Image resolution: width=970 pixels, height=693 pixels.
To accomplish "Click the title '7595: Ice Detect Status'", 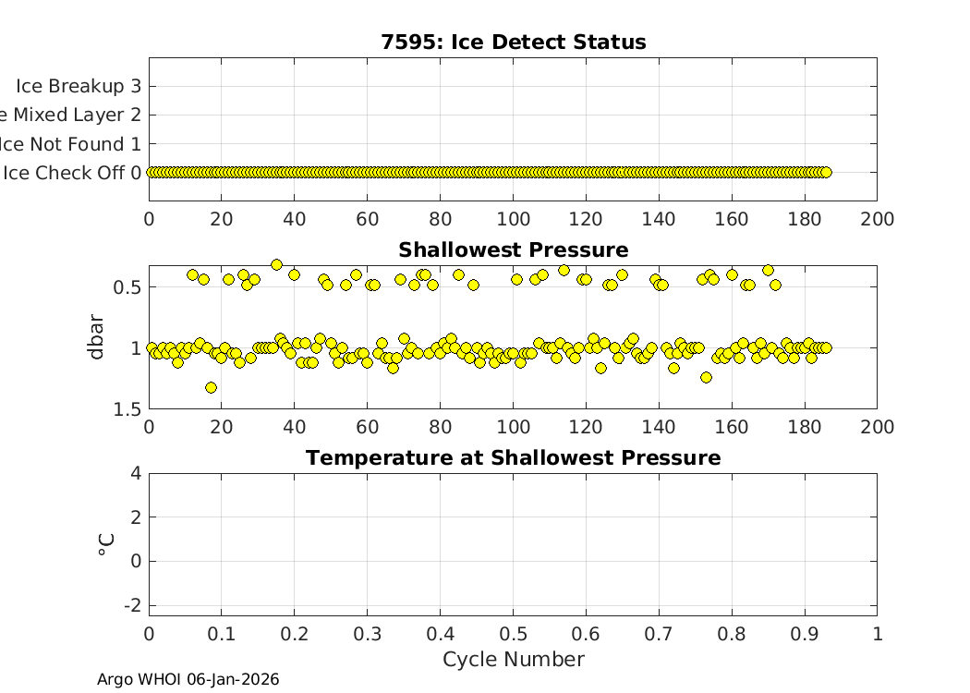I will pos(513,43).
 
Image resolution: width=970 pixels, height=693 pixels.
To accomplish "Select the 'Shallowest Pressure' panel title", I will pos(513,250).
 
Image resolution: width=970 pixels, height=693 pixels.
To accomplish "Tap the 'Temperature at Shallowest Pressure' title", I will pos(513,458).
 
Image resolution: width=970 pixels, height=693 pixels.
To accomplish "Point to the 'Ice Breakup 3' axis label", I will pos(79,86).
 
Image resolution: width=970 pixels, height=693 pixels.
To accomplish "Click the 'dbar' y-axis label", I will pos(96,337).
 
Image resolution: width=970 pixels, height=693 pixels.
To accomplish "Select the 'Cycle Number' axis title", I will pos(513,659).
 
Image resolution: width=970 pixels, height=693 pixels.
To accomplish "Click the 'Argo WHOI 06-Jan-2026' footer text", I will pos(188,679).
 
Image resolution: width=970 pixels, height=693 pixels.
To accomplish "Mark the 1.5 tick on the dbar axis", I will pos(127,409).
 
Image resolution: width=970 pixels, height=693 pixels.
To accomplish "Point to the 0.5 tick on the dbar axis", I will pos(127,287).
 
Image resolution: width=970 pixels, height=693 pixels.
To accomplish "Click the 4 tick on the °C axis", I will pos(136,473).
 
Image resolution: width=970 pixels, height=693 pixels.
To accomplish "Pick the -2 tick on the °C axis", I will pos(131,604).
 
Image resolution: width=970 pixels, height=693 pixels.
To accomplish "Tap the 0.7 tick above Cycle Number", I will pos(659,634).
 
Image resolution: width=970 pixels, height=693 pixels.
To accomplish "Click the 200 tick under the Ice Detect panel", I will pos(877,219).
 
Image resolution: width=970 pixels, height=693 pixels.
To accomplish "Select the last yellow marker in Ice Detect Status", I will pos(826,172).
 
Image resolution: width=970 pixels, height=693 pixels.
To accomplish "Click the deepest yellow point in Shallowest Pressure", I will pos(211,387).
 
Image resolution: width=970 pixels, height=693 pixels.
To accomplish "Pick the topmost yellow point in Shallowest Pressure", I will pos(276,264).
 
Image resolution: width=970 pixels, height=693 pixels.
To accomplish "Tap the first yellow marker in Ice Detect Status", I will pos(152,172).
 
